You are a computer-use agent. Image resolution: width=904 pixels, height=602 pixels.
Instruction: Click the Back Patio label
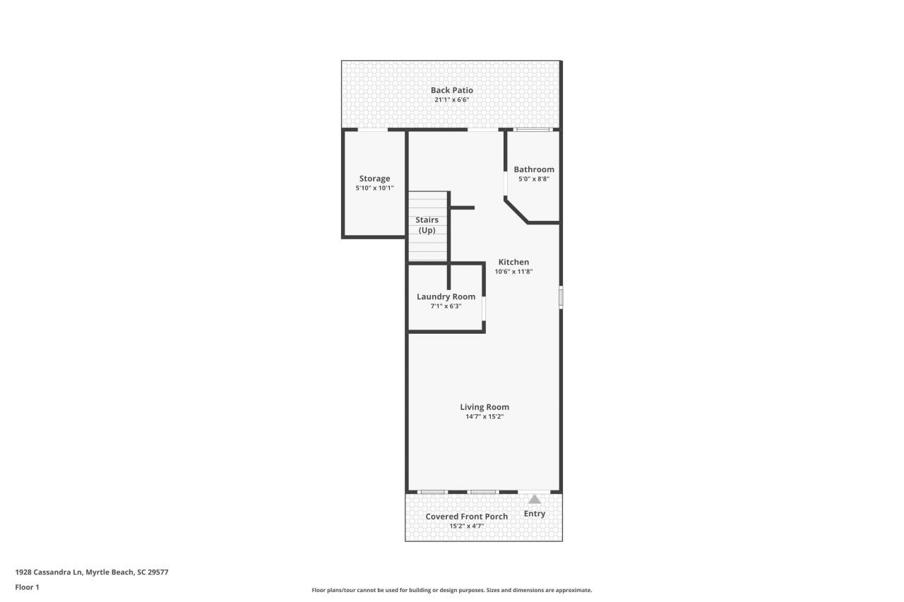click(x=451, y=90)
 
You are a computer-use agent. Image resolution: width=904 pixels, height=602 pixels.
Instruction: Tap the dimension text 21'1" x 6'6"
click(x=451, y=100)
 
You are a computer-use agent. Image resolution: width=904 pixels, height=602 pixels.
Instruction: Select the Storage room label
click(x=374, y=179)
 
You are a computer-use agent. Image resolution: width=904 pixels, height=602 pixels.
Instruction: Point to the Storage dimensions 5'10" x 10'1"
click(x=374, y=188)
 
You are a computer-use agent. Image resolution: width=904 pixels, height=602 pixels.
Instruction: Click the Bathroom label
click(x=534, y=169)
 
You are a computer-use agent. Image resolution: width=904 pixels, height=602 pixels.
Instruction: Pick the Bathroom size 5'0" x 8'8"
click(x=534, y=179)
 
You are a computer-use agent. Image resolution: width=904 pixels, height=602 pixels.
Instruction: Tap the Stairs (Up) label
click(x=427, y=225)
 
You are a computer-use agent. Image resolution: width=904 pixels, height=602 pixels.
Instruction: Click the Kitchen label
click(x=513, y=262)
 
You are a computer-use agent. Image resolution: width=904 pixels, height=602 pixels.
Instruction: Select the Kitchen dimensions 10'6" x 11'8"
click(x=513, y=272)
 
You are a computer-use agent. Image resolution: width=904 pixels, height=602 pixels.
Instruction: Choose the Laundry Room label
click(x=446, y=297)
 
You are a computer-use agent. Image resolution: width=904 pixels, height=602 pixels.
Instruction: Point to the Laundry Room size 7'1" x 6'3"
click(x=446, y=306)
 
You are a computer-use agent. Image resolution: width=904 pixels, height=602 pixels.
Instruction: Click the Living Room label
click(x=484, y=407)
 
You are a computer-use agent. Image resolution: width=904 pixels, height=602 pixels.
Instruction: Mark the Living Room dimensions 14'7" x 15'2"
click(x=484, y=416)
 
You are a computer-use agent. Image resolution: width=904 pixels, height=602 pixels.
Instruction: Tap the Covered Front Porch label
click(x=467, y=517)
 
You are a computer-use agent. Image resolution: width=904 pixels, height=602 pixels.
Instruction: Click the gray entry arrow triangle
click(x=535, y=500)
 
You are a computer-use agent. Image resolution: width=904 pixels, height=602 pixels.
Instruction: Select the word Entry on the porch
click(x=535, y=514)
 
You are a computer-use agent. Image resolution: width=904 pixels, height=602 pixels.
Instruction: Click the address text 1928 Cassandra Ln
click(x=49, y=572)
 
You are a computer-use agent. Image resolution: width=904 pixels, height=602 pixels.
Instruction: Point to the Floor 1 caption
click(x=27, y=587)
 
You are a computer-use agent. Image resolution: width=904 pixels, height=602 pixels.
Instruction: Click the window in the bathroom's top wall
click(x=533, y=130)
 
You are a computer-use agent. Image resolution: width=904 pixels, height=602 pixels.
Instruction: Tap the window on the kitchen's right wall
click(x=561, y=298)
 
